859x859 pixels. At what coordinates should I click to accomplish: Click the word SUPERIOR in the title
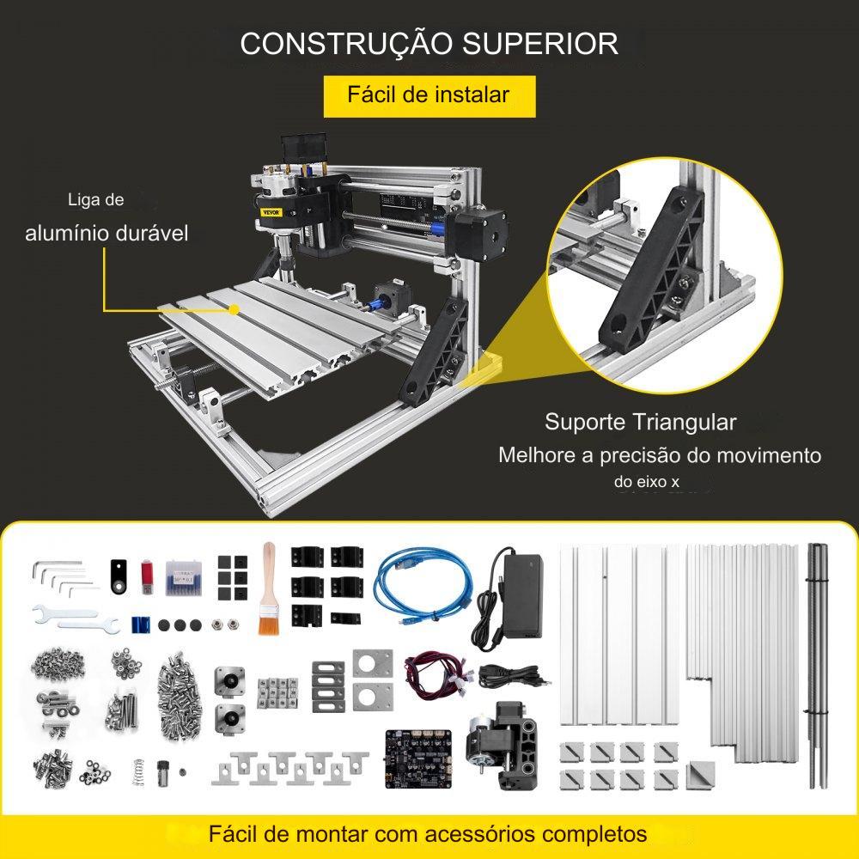540,44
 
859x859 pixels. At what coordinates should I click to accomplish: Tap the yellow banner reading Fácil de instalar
429,96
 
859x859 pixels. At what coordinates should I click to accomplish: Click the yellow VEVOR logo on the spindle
271,212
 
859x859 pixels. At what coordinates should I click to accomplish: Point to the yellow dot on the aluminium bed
234,310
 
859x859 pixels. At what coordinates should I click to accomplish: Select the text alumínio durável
107,234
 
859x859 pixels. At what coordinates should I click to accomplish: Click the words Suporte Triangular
640,423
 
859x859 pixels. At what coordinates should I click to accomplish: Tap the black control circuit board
418,758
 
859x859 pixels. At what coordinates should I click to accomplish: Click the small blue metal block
142,624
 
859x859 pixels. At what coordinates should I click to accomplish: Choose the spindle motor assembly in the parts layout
502,743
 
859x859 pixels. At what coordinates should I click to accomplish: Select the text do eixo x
647,482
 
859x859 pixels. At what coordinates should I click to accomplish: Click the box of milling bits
184,577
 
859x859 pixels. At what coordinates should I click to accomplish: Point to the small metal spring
138,771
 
